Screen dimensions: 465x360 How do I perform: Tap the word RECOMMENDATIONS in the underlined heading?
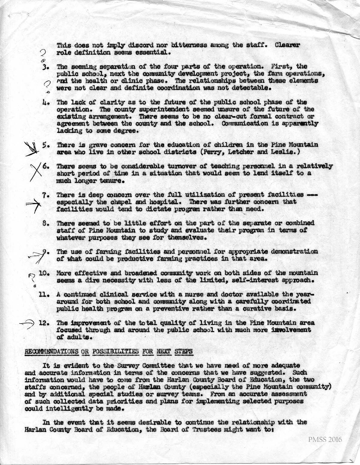(x=52, y=352)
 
